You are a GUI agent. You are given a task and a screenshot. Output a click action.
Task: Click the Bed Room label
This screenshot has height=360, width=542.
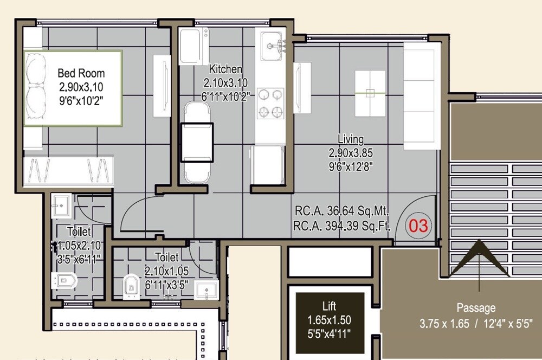pos(81,73)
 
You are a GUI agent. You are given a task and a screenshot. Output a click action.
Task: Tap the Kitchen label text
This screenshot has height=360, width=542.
pos(225,69)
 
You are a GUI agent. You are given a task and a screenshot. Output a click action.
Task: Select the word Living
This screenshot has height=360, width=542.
pos(351,139)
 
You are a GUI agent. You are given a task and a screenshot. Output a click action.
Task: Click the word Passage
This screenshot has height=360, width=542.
pos(476,308)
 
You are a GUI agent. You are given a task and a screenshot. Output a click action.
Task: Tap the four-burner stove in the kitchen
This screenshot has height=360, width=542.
pos(270,102)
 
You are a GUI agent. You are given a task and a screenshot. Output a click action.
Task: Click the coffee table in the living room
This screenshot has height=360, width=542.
pos(370,93)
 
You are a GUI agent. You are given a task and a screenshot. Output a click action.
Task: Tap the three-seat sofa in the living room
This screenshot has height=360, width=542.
pos(422,95)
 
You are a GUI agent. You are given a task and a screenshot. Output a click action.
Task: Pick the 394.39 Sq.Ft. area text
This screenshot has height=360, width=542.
pos(341,225)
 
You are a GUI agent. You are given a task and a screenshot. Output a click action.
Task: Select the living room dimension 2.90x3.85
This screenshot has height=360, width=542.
pos(351,153)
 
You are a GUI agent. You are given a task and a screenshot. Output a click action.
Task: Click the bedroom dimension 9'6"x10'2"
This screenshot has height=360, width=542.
pos(81,100)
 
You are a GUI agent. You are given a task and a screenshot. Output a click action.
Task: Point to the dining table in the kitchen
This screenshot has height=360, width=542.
pos(196,142)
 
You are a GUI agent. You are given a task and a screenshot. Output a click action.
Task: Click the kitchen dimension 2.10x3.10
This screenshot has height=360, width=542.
pos(225,83)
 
